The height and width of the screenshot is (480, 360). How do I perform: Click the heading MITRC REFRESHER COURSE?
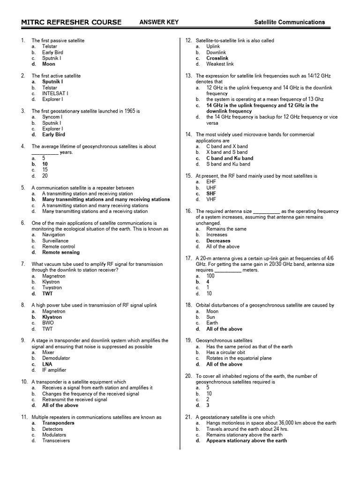click(x=71, y=22)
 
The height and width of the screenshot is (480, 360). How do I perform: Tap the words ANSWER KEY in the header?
click(x=159, y=22)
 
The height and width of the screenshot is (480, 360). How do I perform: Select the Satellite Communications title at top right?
click(x=289, y=22)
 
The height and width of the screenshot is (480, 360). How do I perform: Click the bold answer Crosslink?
click(x=217, y=59)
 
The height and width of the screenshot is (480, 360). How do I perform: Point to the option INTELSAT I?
click(x=55, y=93)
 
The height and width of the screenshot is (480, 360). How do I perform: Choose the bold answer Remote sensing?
click(x=61, y=252)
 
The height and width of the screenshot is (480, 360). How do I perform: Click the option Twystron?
click(x=52, y=288)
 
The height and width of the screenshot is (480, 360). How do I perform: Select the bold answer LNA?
click(x=47, y=364)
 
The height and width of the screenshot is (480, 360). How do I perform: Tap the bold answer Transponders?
click(x=58, y=423)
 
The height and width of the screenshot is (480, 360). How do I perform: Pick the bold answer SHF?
click(x=211, y=194)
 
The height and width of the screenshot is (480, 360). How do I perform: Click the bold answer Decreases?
click(x=218, y=240)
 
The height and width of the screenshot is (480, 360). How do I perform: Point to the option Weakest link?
click(x=220, y=64)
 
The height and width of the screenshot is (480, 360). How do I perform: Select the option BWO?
click(x=48, y=323)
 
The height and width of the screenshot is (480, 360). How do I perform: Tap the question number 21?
click(x=188, y=417)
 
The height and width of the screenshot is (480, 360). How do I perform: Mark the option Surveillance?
click(x=55, y=240)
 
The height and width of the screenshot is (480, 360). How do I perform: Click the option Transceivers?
click(x=56, y=441)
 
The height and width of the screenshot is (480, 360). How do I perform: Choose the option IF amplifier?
click(x=54, y=370)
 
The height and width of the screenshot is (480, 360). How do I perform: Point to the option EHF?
click(x=211, y=182)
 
